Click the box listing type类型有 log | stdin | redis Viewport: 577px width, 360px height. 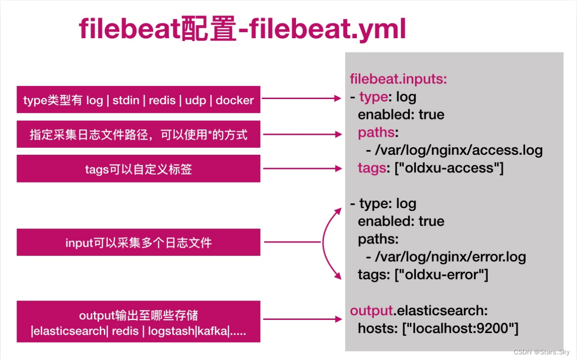tap(138, 100)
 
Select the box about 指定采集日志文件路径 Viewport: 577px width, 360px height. tap(138, 134)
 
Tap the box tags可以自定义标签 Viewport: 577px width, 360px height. tap(138, 169)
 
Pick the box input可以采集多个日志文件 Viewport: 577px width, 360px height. tap(138, 243)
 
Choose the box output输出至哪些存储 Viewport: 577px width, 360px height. tap(138, 322)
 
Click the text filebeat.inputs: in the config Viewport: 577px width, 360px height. tap(398, 79)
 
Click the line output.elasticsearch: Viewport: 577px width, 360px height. tap(418, 310)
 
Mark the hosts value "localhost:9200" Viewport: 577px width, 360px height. tap(460, 328)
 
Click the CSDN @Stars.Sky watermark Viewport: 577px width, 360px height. tap(541, 352)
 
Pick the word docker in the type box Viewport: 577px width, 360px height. tap(235, 100)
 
